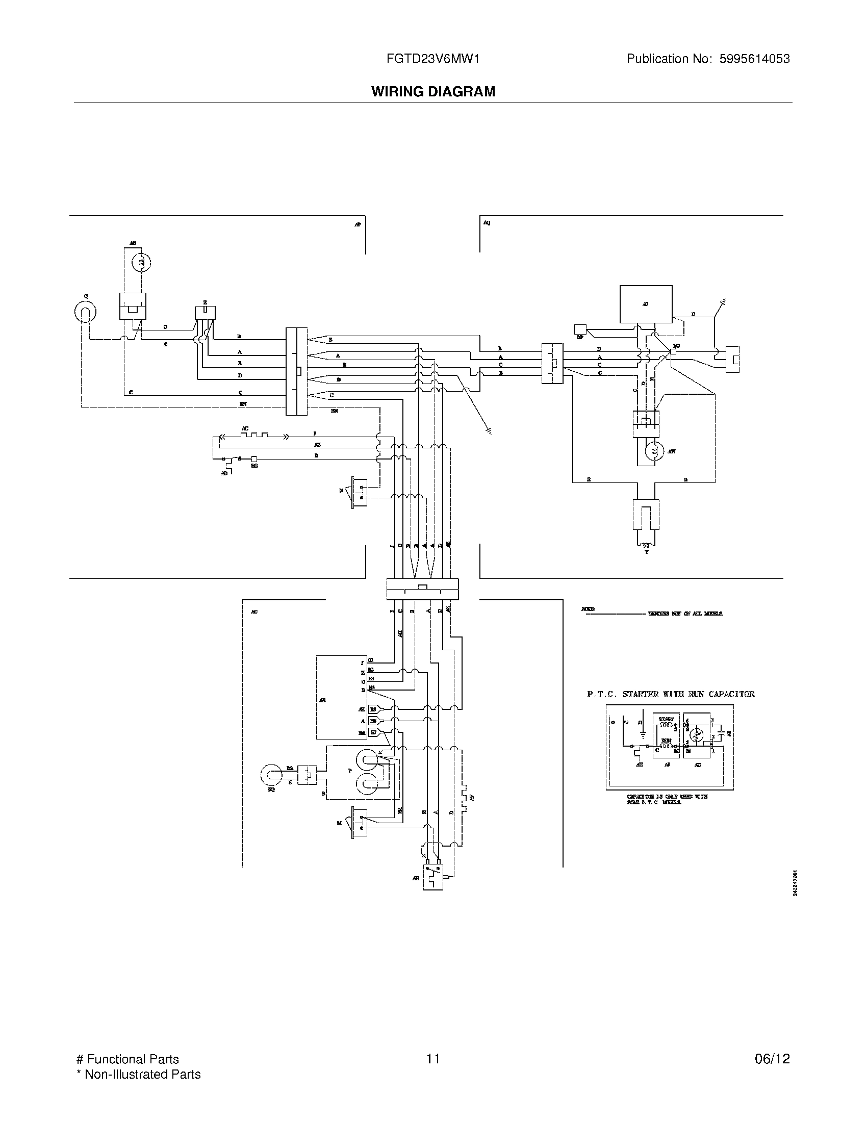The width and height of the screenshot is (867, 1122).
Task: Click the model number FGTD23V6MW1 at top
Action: pyautogui.click(x=432, y=59)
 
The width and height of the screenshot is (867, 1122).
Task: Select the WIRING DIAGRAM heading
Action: pyautogui.click(x=433, y=91)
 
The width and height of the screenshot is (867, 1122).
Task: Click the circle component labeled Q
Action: pyautogui.click(x=85, y=312)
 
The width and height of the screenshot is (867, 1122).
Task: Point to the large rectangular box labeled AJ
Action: pyautogui.click(x=646, y=303)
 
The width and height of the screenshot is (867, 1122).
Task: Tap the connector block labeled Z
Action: pyautogui.click(x=205, y=312)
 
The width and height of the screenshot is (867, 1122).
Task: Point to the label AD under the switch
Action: pyautogui.click(x=224, y=473)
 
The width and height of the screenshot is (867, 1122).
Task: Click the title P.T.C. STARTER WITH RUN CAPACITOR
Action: pyautogui.click(x=671, y=694)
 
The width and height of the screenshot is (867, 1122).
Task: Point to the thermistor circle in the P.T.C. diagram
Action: pyautogui.click(x=696, y=735)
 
